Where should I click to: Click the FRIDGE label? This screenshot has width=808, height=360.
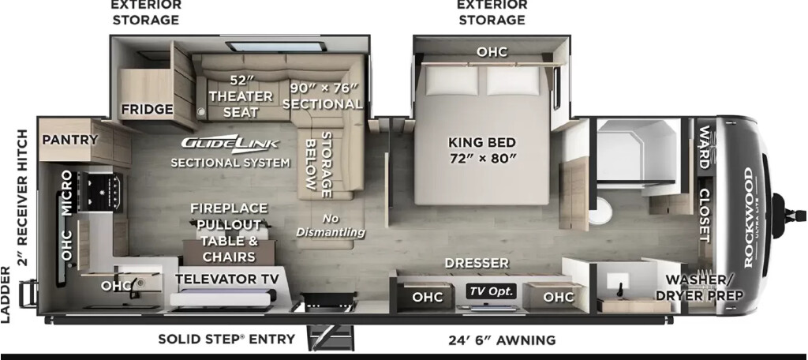tap(147, 109)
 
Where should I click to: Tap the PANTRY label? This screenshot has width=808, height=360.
tap(69, 139)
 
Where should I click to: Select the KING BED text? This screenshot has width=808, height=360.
tap(482, 142)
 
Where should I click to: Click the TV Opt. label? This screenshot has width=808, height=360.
tap(491, 291)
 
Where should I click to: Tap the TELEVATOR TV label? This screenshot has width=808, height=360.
tap(226, 279)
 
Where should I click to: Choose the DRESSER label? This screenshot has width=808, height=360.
tap(477, 263)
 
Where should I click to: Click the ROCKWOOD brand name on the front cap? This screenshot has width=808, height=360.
tap(748, 217)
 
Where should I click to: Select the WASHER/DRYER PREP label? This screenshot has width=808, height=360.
tap(705, 288)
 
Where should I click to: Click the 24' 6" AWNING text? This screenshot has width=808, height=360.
tap(501, 340)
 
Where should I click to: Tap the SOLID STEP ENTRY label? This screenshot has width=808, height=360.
tap(226, 339)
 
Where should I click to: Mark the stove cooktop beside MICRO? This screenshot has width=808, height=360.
tap(100, 193)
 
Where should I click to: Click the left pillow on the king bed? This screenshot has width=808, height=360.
tap(445, 81)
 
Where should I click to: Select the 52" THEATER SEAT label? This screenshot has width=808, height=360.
tap(241, 96)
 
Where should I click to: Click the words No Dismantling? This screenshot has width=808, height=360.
tap(331, 225)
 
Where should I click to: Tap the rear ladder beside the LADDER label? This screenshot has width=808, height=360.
tap(29, 293)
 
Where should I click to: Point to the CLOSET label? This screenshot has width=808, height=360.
tap(705, 215)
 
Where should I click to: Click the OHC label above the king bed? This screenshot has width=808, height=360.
tap(492, 51)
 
